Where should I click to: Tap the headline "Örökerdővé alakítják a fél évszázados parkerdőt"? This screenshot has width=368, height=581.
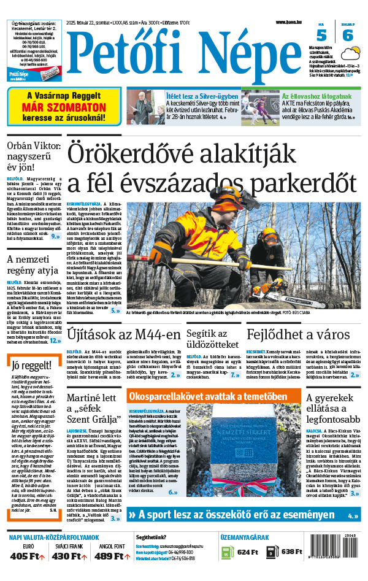[212, 167]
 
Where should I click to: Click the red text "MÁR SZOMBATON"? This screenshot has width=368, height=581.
[64, 106]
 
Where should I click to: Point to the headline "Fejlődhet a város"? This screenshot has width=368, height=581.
[297, 334]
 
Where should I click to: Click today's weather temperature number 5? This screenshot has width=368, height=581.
[321, 36]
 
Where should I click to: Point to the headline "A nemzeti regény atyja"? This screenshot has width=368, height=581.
[33, 264]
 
